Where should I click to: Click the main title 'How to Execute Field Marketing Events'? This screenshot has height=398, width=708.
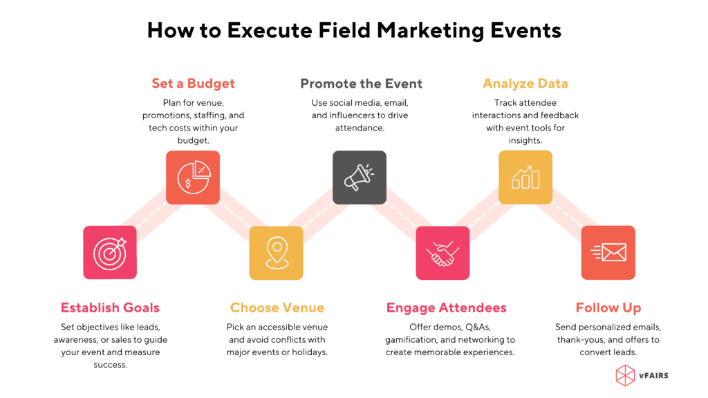354,30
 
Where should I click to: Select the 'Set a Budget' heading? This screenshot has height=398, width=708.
193,84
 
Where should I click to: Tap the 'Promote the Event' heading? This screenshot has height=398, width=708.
361,84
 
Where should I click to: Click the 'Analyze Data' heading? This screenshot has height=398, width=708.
525,84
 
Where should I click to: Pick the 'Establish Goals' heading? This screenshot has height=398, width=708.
110,308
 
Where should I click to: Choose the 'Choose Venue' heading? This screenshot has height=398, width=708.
277,308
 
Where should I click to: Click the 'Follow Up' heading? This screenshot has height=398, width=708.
608,308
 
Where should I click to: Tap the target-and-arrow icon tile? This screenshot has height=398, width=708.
110,253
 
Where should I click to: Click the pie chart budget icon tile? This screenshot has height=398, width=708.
193,178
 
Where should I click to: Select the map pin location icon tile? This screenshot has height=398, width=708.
277,253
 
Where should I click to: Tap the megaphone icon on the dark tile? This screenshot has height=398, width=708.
360,178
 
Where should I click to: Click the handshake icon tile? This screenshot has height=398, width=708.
442,253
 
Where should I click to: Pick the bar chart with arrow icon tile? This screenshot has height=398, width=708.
525,178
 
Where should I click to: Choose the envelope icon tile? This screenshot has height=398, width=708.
608,253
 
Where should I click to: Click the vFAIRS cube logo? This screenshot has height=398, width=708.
625,375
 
